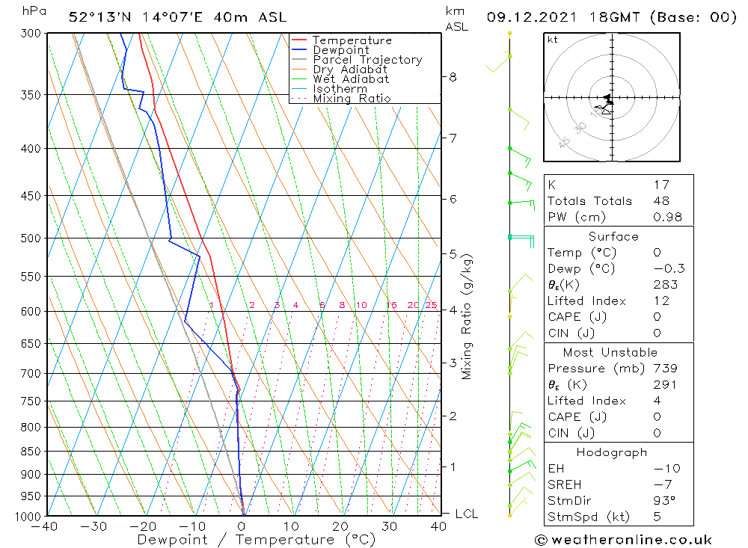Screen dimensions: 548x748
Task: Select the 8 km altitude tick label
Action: point(453,76)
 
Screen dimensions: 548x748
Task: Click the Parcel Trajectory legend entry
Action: point(367,60)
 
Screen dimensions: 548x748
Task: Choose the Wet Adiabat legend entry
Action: point(350,79)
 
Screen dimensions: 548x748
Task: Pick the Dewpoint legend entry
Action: point(340,50)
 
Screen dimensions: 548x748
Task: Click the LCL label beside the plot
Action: point(466,514)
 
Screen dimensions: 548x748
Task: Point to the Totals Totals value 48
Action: point(661,201)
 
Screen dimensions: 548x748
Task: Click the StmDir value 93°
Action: point(664,501)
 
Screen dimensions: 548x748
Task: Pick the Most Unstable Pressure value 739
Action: point(665,369)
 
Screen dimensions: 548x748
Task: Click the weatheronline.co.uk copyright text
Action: point(623,540)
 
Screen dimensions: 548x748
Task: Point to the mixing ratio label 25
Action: point(431,305)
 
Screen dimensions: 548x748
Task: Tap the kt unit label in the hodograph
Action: point(553,40)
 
